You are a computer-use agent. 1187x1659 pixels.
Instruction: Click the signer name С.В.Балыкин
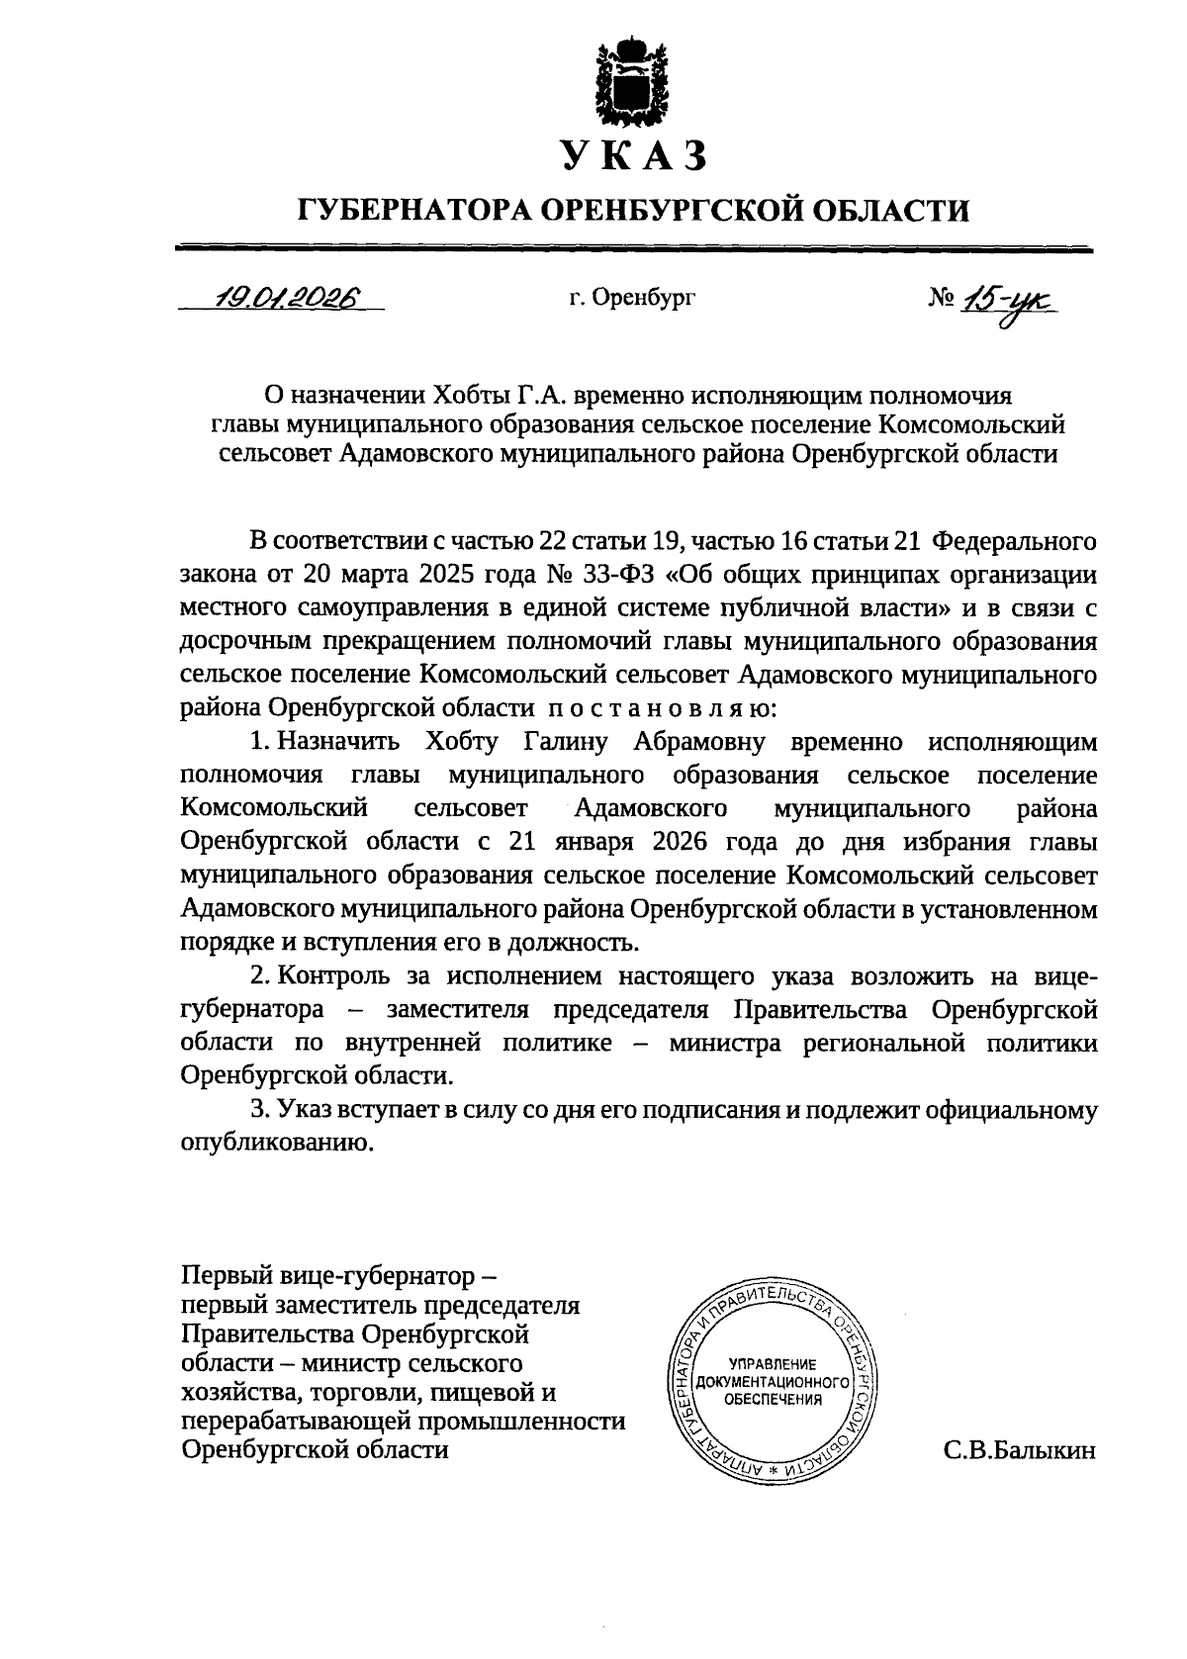1020,1451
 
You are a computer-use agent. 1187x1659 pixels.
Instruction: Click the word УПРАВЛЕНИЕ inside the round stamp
773,1363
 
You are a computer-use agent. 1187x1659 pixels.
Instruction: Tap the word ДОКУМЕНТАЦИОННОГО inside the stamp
774,1381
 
